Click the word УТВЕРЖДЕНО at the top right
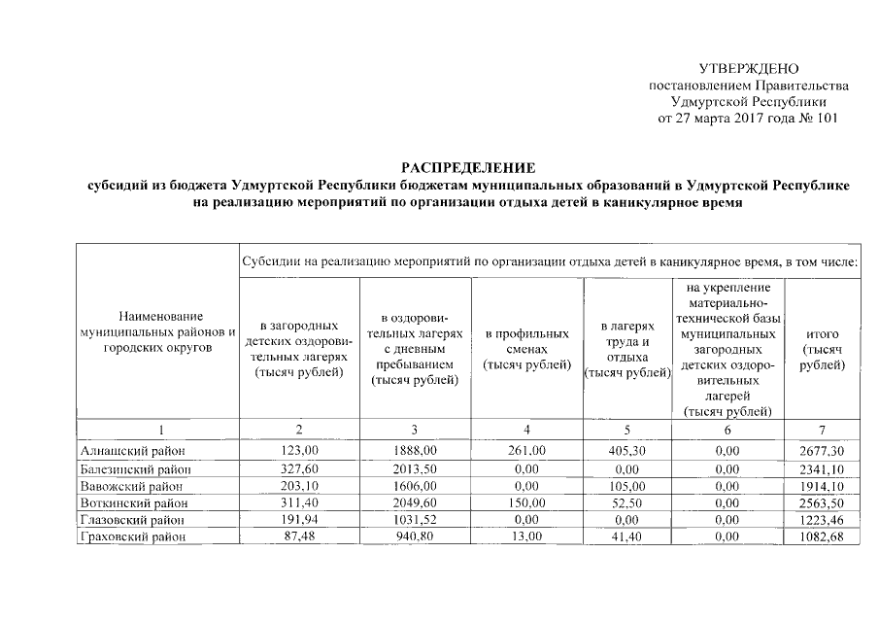[748, 69]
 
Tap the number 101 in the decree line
[822, 119]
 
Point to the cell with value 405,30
[625, 451]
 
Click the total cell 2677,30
[822, 451]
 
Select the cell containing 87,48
[298, 537]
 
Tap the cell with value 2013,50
[415, 468]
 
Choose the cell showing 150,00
[526, 503]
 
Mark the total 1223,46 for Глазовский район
[822, 521]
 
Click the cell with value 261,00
[526, 451]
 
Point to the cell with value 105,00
[625, 486]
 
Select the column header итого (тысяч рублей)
[822, 348]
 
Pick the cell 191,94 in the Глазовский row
[298, 521]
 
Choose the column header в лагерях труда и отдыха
[625, 350]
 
